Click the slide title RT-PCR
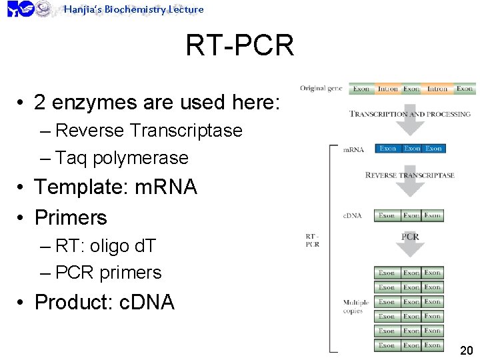(x=239, y=46)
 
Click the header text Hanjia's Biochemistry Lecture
(x=133, y=9)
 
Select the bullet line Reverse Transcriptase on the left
(x=149, y=130)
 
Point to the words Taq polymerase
(x=122, y=158)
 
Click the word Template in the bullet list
(x=80, y=187)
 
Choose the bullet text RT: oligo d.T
(x=105, y=246)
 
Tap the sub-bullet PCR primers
(x=109, y=273)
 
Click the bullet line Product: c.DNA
(x=104, y=302)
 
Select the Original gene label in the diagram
(x=321, y=89)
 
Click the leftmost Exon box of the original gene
(x=361, y=89)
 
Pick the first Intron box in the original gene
(x=387, y=89)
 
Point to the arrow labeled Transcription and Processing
(x=410, y=115)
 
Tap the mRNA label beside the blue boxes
(x=353, y=149)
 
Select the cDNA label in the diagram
(x=353, y=216)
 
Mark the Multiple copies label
(x=355, y=307)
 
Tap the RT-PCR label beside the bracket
(x=312, y=240)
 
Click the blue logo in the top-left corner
(x=20, y=9)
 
